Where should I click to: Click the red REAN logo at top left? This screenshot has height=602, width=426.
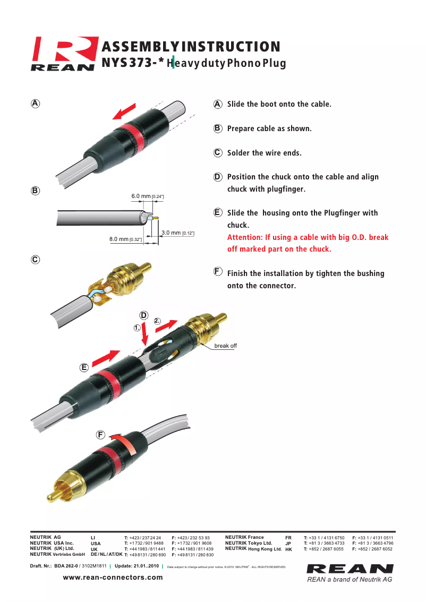pyautogui.click(x=64, y=53)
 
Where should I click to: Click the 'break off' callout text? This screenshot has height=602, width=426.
pyautogui.click(x=225, y=346)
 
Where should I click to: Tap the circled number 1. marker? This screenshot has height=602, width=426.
pyautogui.click(x=137, y=328)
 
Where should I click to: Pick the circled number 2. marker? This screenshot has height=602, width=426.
pyautogui.click(x=157, y=321)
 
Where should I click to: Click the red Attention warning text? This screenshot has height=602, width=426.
pyautogui.click(x=308, y=243)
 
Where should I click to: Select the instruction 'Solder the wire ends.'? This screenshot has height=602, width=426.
pyautogui.click(x=264, y=153)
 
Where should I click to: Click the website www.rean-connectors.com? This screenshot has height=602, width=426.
pyautogui.click(x=113, y=577)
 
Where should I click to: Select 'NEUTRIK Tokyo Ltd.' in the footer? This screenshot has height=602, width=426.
pyautogui.click(x=249, y=543)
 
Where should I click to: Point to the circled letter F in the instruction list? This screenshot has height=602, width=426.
pyautogui.click(x=218, y=271)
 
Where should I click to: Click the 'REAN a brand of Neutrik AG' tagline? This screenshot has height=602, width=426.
pyautogui.click(x=350, y=579)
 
